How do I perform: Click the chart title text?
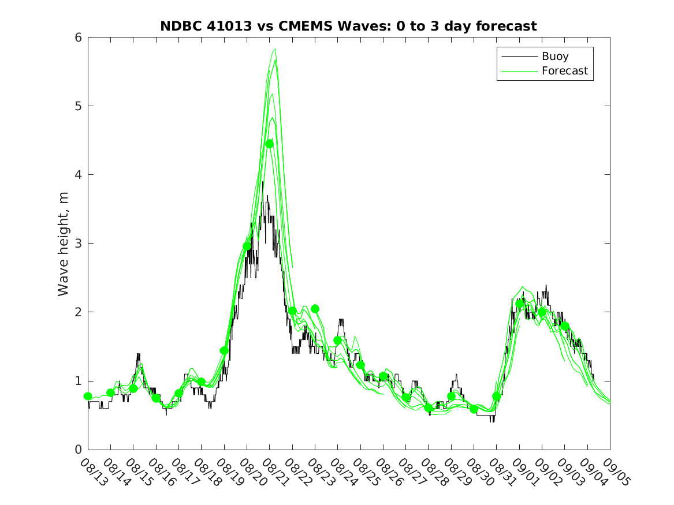click(348, 26)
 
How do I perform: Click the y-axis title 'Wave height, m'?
click(64, 244)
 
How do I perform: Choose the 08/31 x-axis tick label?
click(501, 472)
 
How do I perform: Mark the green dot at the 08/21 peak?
click(269, 144)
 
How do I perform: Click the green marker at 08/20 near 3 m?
click(247, 246)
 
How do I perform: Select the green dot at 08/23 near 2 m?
click(315, 309)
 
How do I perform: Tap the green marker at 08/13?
click(88, 396)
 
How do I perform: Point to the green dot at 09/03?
click(565, 326)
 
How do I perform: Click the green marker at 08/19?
click(224, 350)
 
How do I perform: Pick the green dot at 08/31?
click(497, 396)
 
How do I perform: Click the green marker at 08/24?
click(337, 341)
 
